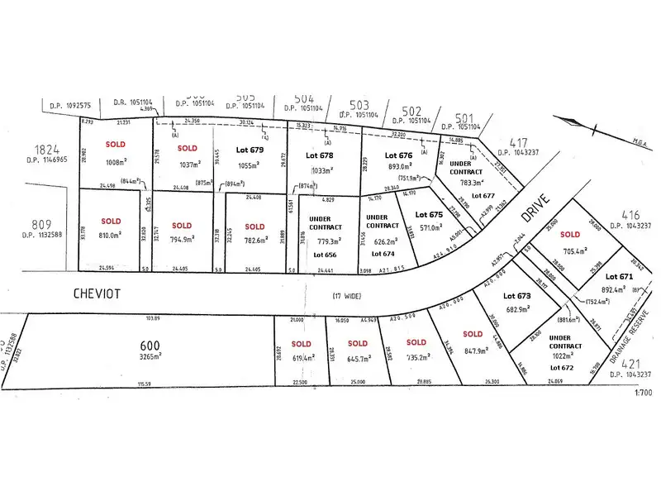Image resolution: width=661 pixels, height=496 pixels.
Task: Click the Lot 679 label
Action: pos(250,150)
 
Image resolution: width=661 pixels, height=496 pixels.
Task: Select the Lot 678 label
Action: pos(319,155)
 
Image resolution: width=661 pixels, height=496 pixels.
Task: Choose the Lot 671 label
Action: pos(619,276)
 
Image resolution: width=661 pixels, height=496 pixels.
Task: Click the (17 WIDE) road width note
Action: pos(348,295)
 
